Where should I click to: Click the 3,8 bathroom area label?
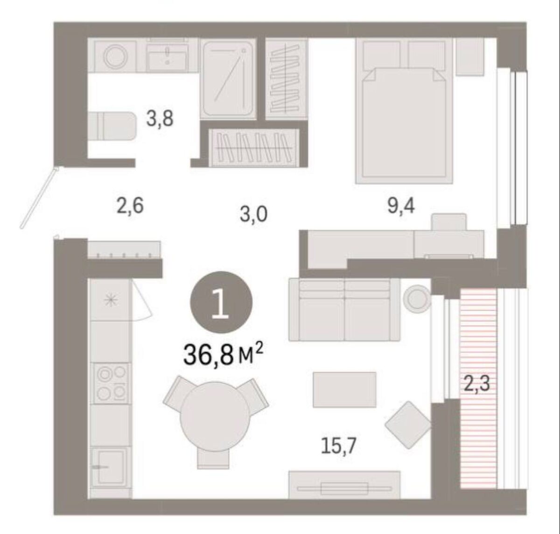tap(160, 119)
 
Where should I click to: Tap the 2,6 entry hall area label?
tap(130, 206)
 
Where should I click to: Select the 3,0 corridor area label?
tap(253, 215)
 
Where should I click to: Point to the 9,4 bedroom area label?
tap(401, 206)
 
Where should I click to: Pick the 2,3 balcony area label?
tap(477, 384)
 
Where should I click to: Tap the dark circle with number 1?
tap(221, 302)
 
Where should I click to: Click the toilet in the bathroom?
tap(112, 126)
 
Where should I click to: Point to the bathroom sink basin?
tap(167, 57)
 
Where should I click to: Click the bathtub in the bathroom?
tap(229, 79)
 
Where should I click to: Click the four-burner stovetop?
tap(112, 384)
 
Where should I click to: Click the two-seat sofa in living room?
tap(344, 309)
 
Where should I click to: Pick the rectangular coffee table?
tap(344, 390)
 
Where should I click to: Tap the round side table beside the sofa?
tap(417, 299)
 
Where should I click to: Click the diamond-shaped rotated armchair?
tap(408, 425)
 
